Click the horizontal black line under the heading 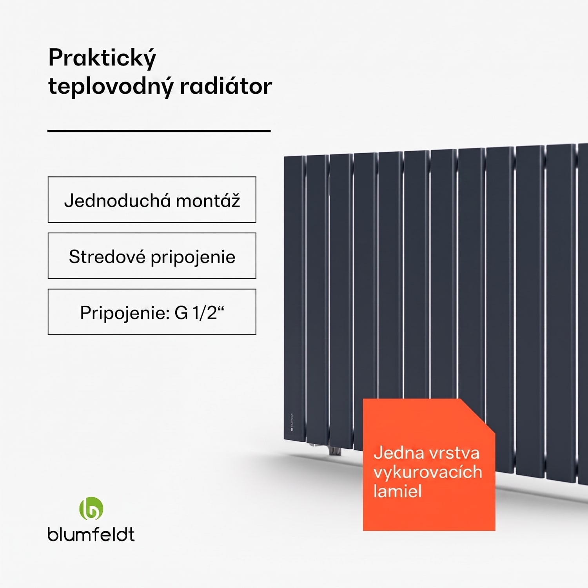[159, 131]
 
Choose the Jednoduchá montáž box [152, 200]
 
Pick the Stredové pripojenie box [152, 256]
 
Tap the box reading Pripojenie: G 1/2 [152, 312]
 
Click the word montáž [208, 200]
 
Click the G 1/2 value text [199, 313]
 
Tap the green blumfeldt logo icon [91, 508]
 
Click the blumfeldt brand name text [91, 534]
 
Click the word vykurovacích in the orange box [428, 472]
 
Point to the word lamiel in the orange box [397, 491]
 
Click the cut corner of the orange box [477, 416]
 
